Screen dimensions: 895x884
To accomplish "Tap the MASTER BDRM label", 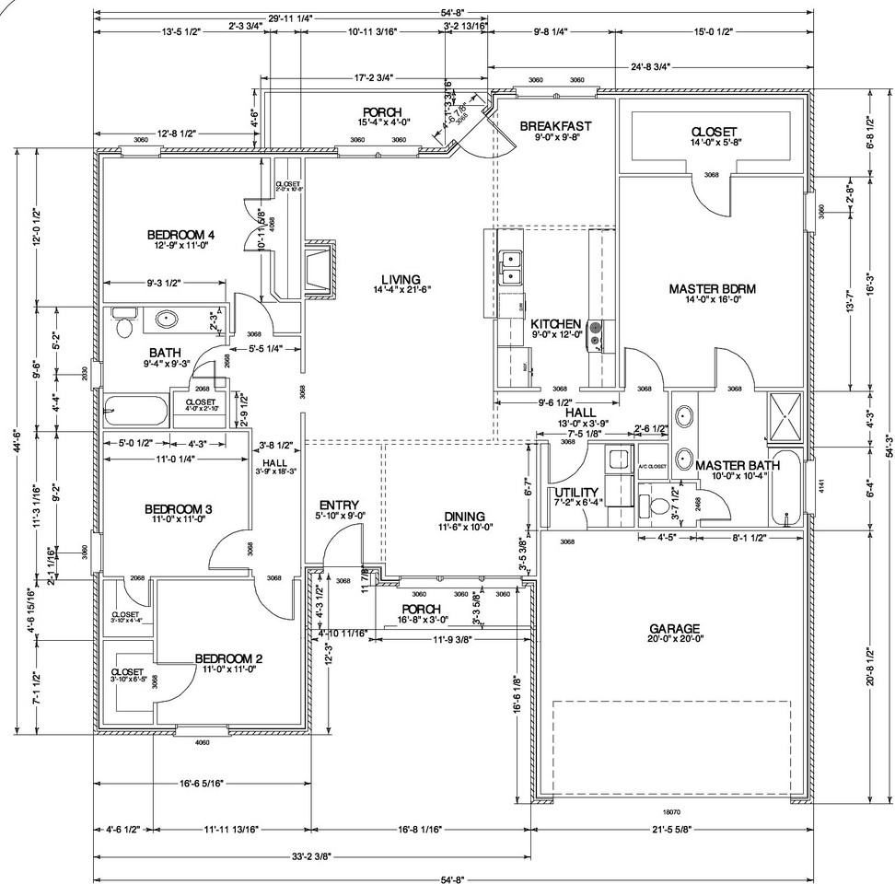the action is pyautogui.click(x=712, y=289).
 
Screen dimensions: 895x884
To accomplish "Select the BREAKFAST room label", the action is pyautogui.click(x=555, y=125).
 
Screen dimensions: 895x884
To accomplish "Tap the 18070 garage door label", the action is pyautogui.click(x=670, y=811).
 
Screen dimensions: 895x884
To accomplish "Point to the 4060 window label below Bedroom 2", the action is pyautogui.click(x=203, y=741).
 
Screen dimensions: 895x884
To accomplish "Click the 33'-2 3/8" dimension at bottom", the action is pyautogui.click(x=311, y=856).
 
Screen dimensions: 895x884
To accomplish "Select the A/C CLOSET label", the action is pyautogui.click(x=652, y=466).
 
